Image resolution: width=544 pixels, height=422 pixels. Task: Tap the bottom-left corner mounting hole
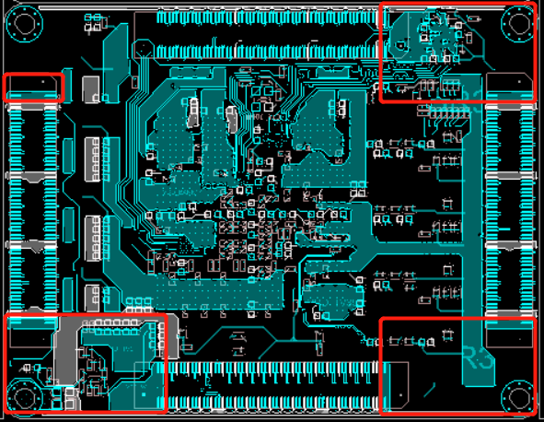point(23,395)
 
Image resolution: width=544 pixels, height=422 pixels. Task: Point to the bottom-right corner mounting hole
point(516,395)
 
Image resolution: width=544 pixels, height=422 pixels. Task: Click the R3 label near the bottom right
point(478,358)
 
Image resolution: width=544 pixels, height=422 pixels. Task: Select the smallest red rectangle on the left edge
point(35,87)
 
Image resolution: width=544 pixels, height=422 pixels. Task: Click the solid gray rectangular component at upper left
point(90,88)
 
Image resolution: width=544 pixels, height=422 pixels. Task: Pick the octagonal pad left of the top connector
point(144,49)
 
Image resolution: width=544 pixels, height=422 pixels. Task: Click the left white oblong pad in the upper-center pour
point(193,113)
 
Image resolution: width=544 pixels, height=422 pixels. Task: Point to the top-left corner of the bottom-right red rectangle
point(381,319)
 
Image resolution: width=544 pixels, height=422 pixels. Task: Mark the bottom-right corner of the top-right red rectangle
point(536,101)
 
